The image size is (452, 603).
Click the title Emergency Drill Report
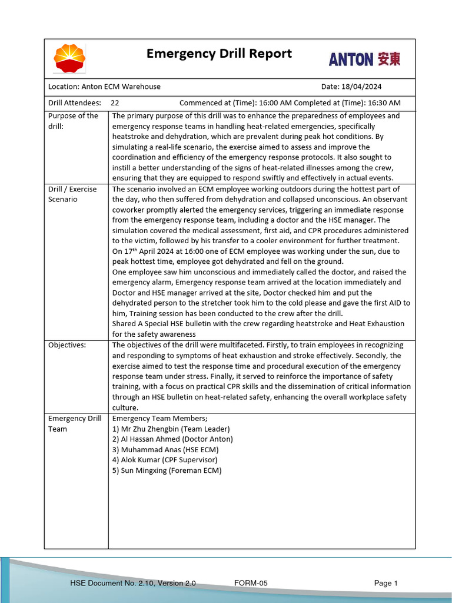tap(219, 54)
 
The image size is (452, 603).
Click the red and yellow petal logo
tap(69, 58)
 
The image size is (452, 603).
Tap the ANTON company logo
tap(364, 59)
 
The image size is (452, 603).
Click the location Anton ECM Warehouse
tap(121, 87)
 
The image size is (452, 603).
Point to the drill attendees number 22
tap(115, 102)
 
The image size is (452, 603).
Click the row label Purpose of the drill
tap(73, 121)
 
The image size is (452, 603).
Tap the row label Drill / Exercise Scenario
tap(73, 194)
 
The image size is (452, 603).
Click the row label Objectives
tap(67, 345)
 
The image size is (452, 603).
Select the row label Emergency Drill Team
tap(75, 423)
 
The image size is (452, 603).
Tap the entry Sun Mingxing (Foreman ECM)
tap(167, 471)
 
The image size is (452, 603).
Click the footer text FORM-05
tap(251, 583)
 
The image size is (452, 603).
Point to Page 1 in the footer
tap(386, 583)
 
